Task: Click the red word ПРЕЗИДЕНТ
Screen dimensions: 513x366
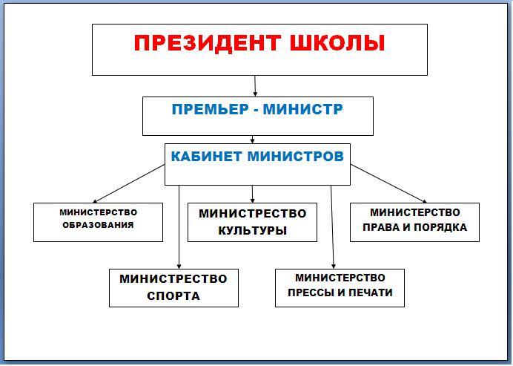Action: pyautogui.click(x=208, y=43)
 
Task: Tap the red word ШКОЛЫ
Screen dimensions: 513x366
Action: pyautogui.click(x=337, y=42)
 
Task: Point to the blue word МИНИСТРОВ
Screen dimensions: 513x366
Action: pyautogui.click(x=296, y=157)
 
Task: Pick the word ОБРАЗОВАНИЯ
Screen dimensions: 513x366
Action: pyautogui.click(x=98, y=225)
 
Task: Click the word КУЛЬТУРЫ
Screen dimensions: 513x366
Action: pyautogui.click(x=252, y=231)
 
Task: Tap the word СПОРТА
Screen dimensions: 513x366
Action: pyautogui.click(x=173, y=296)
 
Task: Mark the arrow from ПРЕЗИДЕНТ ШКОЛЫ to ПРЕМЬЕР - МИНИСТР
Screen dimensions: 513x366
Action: pyautogui.click(x=255, y=86)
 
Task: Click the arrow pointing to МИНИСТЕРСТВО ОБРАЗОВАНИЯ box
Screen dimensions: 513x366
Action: pyautogui.click(x=129, y=184)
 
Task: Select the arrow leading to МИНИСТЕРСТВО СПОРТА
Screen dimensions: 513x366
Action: pyautogui.click(x=179, y=227)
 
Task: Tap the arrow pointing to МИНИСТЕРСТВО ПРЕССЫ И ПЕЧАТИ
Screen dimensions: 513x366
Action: pyautogui.click(x=332, y=227)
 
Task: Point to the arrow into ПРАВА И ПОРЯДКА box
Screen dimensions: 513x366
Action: pyautogui.click(x=388, y=184)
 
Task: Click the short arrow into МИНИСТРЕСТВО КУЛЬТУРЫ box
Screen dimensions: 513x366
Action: pyautogui.click(x=252, y=195)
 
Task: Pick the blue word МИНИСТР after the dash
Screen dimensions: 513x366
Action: pyautogui.click(x=303, y=109)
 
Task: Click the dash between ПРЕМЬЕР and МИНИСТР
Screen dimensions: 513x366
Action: pyautogui.click(x=256, y=111)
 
